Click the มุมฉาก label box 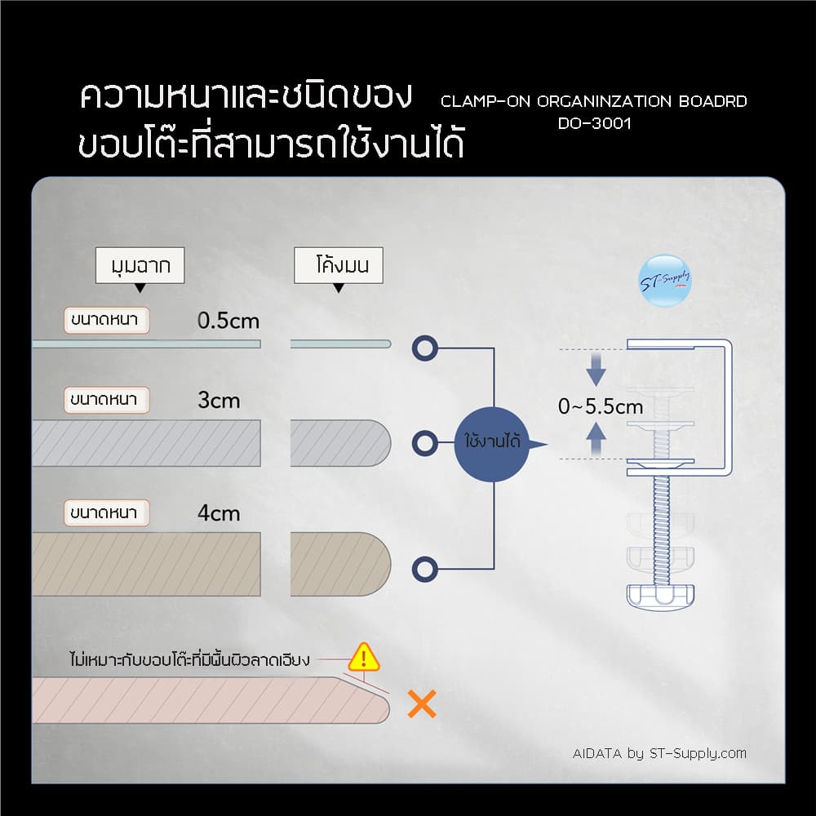[x=140, y=266]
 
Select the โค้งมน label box [x=338, y=266]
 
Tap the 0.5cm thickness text [x=228, y=321]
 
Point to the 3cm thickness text [x=219, y=401]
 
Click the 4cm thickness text [x=219, y=513]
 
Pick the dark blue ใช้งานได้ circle [x=492, y=443]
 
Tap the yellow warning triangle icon [x=364, y=656]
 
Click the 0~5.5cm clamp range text [x=601, y=406]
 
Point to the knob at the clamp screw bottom [x=661, y=596]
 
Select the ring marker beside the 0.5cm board [x=424, y=348]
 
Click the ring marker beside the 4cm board [x=425, y=569]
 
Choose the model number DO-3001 [x=594, y=124]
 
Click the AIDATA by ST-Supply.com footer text [x=659, y=753]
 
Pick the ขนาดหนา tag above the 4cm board [x=106, y=513]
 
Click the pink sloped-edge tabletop [x=204, y=700]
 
